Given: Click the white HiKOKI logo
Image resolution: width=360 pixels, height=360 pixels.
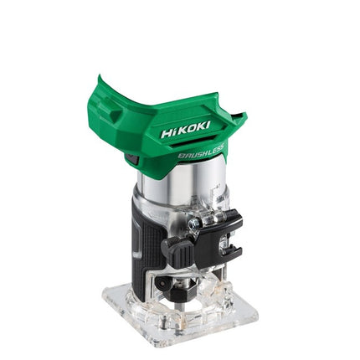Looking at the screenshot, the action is (x=185, y=130).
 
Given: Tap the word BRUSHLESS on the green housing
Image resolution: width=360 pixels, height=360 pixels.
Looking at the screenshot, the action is (x=201, y=152).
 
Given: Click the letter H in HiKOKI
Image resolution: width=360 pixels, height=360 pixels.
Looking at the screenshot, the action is (x=167, y=133).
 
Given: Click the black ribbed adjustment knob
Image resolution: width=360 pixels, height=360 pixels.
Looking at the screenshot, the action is (x=177, y=252).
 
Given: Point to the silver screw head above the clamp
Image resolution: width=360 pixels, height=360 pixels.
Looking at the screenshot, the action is (x=193, y=224).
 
